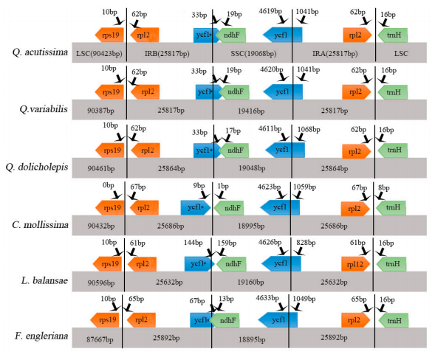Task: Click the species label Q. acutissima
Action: [x=40, y=52]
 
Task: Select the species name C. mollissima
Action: [x=40, y=225]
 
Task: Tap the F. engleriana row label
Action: [x=41, y=336]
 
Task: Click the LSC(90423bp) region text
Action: [x=99, y=54]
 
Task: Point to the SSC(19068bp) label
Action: [x=253, y=54]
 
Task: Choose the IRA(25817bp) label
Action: [x=335, y=54]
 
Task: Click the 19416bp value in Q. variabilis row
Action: [x=251, y=111]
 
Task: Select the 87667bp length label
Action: [x=100, y=339]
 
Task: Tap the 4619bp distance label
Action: [x=270, y=11]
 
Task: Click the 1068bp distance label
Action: [x=309, y=129]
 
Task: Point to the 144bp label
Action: [x=193, y=243]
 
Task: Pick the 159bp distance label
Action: [x=227, y=243]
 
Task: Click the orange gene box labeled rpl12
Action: [x=356, y=264]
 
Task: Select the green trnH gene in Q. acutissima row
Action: [x=393, y=35]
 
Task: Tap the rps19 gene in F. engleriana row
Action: [x=105, y=320]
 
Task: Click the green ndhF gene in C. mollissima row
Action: [x=229, y=208]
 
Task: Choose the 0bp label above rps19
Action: [x=108, y=185]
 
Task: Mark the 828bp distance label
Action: [x=306, y=243]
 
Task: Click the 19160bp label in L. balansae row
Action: [x=250, y=283]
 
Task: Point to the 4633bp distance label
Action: [x=267, y=298]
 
